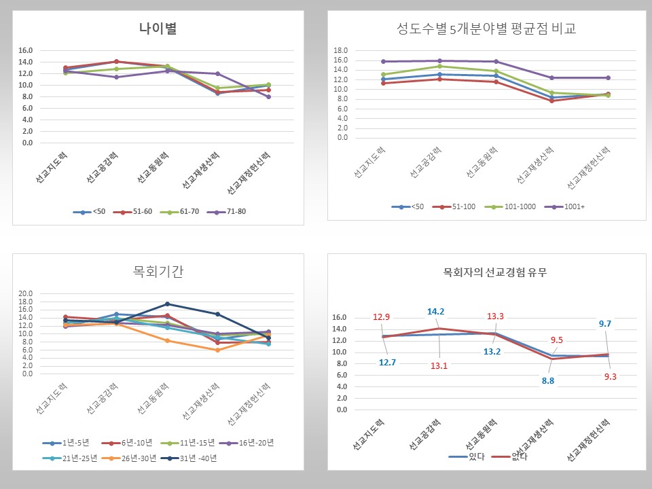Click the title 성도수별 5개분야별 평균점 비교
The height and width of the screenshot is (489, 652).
coord(490,29)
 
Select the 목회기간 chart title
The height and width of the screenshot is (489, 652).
coord(158,272)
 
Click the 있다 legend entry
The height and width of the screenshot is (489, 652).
coord(467,456)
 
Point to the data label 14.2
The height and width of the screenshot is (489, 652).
coord(435,312)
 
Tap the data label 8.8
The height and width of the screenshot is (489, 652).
coord(548,381)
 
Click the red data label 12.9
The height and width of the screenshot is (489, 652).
coord(381,317)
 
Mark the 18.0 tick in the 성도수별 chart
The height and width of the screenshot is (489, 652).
coord(342,50)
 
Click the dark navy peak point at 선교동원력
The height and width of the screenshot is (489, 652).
coord(167,304)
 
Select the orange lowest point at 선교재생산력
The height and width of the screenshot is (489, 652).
coord(217,350)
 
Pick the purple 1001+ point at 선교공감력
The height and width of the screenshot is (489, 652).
coord(439,60)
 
